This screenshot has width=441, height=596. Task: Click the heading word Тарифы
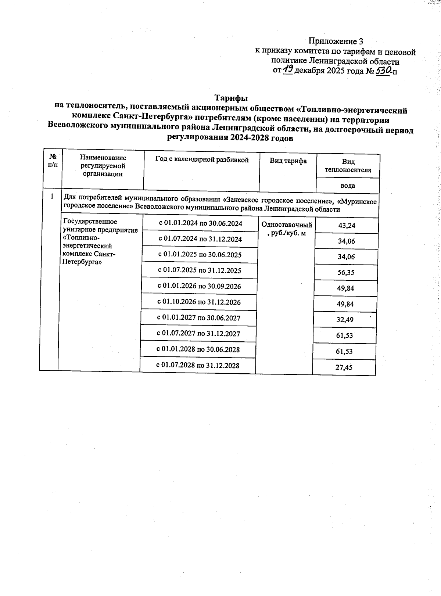[x=231, y=98]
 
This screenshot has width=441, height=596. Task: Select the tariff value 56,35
[x=346, y=273]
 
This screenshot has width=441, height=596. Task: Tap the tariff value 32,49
[x=345, y=320]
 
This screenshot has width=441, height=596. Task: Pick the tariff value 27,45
[x=344, y=367]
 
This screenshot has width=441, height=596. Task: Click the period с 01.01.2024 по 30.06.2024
[x=200, y=223]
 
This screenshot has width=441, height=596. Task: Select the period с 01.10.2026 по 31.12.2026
[x=199, y=302]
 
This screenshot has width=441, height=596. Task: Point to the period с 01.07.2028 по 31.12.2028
[x=198, y=365]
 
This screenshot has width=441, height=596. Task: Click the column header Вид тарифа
[x=288, y=161]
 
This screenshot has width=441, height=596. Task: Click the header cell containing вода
[x=348, y=186]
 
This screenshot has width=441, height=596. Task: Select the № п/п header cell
[x=53, y=161]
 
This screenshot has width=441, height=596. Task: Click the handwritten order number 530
[x=383, y=69]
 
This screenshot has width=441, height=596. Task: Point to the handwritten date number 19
[x=288, y=69]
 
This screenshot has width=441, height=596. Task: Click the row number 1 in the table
[x=52, y=197]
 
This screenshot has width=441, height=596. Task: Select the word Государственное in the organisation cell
[x=90, y=222]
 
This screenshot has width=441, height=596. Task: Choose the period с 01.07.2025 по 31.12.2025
[x=200, y=270]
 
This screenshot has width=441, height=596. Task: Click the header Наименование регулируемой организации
[x=103, y=166]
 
